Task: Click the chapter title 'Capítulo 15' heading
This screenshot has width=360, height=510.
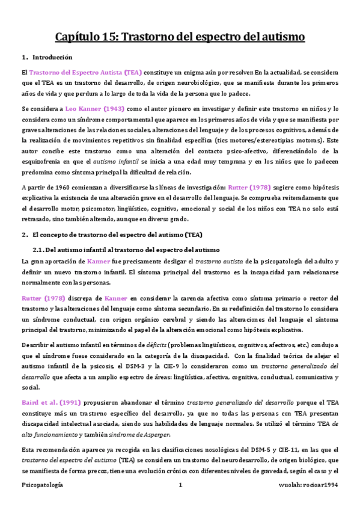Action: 180,37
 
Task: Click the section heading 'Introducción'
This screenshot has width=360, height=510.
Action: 52,58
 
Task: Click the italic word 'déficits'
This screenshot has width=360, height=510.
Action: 142,343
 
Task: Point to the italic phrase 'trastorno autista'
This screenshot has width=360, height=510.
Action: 221,262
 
